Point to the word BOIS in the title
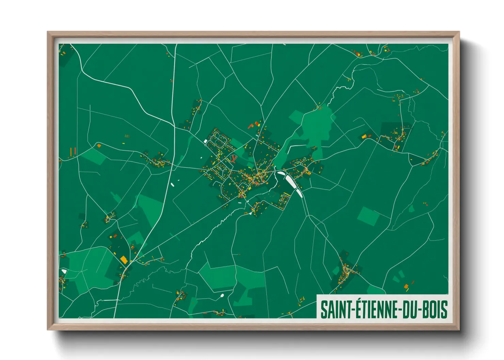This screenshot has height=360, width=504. (x=435, y=310)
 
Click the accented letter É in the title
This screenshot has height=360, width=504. (x=358, y=309)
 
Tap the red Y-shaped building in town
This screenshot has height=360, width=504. (x=234, y=158)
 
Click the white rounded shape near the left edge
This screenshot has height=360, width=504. (x=63, y=271)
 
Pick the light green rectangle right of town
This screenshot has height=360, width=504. (x=368, y=216)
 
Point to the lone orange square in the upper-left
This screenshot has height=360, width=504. (x=99, y=146)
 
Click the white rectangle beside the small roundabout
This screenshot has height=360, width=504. (x=205, y=141)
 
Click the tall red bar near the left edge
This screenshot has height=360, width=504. (x=71, y=151)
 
